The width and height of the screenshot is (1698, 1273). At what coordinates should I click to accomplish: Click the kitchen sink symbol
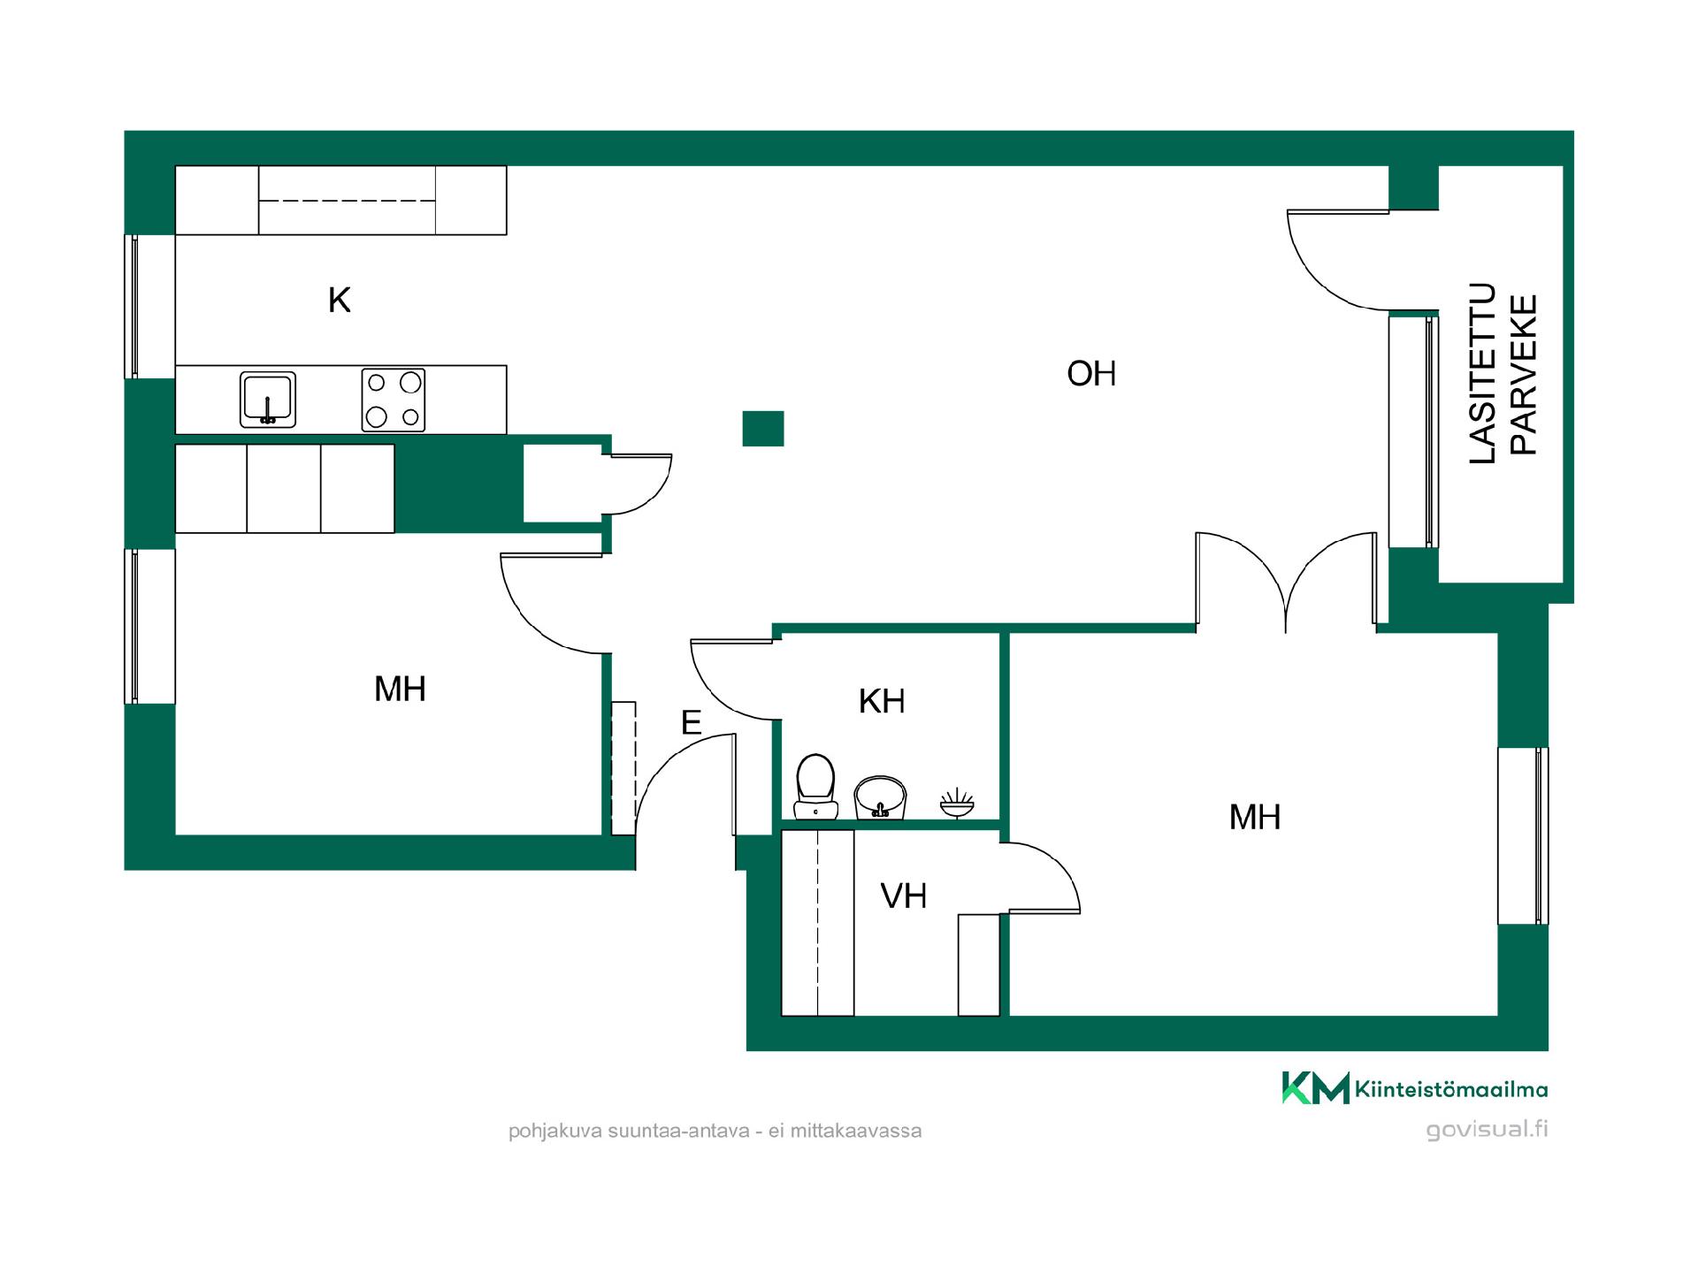(x=268, y=400)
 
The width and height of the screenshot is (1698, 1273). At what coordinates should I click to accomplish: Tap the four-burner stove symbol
(x=394, y=400)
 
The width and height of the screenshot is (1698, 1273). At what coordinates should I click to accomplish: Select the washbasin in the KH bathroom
(x=880, y=797)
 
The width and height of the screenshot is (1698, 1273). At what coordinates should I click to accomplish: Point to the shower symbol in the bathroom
(x=956, y=804)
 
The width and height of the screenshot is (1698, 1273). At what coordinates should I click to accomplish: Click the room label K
(x=339, y=301)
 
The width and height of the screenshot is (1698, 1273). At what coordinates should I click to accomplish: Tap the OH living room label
(x=1091, y=374)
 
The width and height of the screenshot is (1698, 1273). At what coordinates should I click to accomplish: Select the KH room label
(x=882, y=701)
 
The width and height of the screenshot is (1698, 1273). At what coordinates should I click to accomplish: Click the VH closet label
(x=904, y=896)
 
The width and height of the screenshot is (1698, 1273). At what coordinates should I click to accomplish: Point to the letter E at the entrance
(x=691, y=723)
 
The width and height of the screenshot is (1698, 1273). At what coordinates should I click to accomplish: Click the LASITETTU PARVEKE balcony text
(x=1503, y=373)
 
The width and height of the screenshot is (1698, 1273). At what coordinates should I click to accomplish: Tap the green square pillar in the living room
(x=762, y=429)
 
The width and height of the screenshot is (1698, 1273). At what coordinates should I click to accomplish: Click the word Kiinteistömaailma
(x=1451, y=1090)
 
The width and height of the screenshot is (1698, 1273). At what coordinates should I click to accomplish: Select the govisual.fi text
(x=1487, y=1130)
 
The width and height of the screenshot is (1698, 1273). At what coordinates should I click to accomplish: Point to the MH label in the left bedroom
(x=400, y=690)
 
